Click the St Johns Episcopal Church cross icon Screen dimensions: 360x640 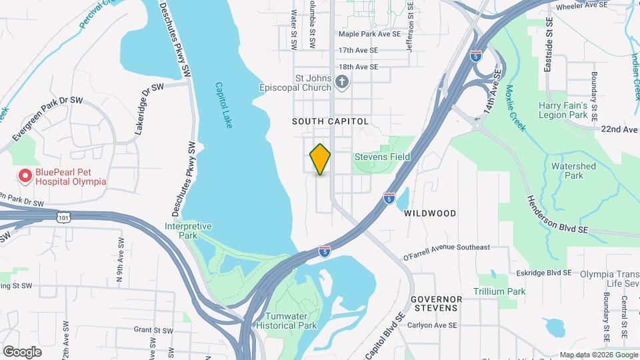(x=342, y=82)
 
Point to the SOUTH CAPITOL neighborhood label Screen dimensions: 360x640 (x=330, y=122)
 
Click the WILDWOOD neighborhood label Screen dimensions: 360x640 (x=430, y=213)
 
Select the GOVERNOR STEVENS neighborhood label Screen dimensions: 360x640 (x=434, y=303)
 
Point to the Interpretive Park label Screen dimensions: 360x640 (x=188, y=231)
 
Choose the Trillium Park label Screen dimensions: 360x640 (x=499, y=291)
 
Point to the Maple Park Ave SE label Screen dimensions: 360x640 (x=369, y=33)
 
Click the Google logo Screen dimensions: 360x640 (x=22, y=352)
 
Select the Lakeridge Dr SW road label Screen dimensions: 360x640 (x=149, y=109)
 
